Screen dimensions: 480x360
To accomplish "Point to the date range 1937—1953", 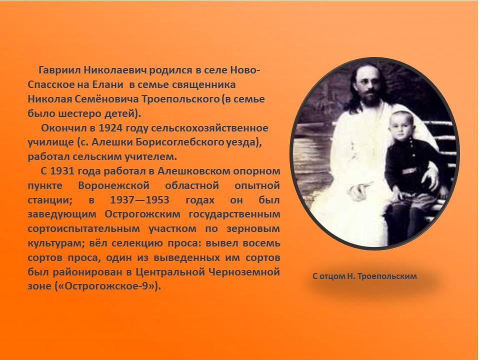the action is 139,200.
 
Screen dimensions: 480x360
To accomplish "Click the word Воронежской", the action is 114,186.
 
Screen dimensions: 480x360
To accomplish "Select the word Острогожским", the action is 142,214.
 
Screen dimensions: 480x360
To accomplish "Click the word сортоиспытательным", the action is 84,228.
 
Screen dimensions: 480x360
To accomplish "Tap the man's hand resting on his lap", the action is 359,190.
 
